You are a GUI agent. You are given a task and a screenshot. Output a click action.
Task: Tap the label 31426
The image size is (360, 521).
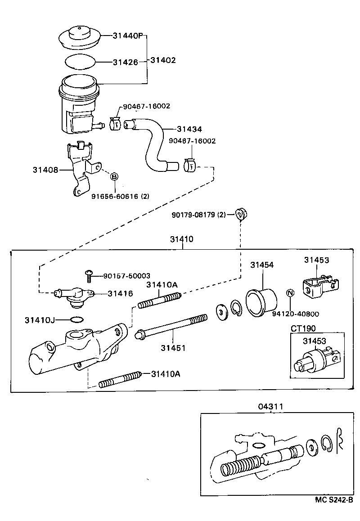(x=125, y=62)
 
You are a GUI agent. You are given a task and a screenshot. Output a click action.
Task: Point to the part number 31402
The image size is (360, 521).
(x=163, y=60)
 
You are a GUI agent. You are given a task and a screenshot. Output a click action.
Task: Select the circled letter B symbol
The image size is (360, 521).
(x=114, y=176)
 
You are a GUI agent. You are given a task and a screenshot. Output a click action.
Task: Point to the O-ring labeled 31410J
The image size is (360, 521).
(x=77, y=320)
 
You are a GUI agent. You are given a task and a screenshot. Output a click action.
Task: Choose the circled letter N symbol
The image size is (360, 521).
(x=290, y=293)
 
